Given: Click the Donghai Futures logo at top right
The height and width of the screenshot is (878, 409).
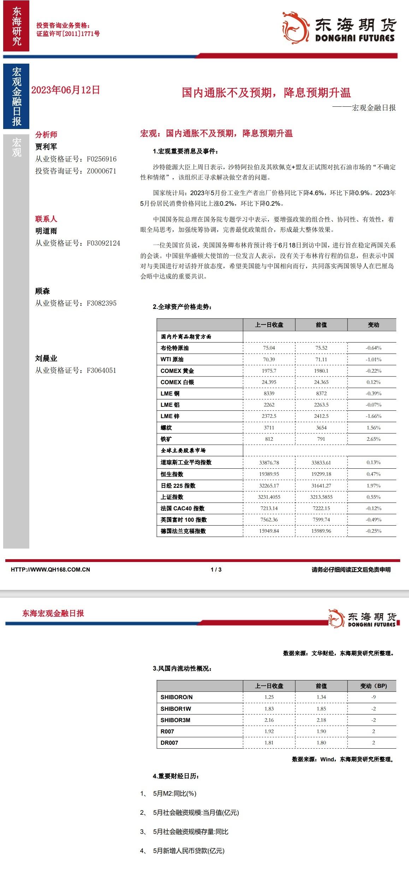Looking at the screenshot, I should [339, 28].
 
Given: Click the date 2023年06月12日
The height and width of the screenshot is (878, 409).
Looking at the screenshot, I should [65, 90].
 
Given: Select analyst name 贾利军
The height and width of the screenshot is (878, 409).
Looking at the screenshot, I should [46, 147].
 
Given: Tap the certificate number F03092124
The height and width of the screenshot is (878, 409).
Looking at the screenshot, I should [103, 243].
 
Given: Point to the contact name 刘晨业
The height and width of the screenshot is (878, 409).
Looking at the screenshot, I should [46, 358].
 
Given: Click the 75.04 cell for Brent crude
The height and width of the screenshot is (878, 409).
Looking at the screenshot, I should [269, 348].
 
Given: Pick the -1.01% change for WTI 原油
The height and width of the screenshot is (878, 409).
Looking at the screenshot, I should [373, 359].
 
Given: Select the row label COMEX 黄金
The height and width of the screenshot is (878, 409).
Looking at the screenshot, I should [177, 371].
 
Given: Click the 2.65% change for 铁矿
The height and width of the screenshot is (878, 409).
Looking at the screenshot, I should [373, 439].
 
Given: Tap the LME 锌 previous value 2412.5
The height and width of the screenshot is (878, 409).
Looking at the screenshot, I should [321, 416].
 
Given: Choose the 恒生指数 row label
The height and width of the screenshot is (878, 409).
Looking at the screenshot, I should [172, 474].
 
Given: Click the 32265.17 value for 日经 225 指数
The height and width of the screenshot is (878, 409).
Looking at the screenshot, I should [269, 486].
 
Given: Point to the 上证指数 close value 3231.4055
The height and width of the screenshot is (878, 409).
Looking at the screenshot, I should [269, 497].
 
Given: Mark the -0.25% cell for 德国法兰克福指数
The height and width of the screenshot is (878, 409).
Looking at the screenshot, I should [373, 531].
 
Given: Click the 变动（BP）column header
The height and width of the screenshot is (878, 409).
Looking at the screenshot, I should [373, 686].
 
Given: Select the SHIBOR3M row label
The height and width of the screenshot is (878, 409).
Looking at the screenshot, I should [175, 720].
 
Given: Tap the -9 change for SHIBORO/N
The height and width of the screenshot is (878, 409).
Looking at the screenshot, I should [373, 697].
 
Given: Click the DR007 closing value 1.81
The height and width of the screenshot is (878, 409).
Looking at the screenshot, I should [269, 743].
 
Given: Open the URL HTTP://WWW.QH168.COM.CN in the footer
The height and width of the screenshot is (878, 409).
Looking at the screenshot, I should [51, 569].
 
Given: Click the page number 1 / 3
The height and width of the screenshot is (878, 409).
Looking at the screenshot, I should [216, 569].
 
